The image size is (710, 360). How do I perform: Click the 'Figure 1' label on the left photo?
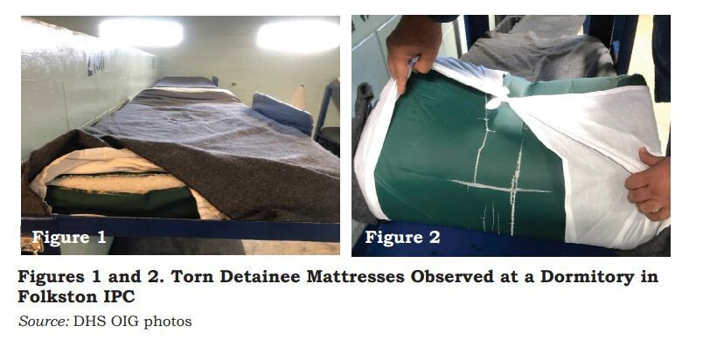tap(69, 237)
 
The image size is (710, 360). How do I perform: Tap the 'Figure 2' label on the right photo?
tap(402, 237)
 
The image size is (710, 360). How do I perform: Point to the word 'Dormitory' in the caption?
tap(587, 277)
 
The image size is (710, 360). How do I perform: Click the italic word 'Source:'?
tap(44, 322)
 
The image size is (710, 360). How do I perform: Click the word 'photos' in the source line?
tap(168, 322)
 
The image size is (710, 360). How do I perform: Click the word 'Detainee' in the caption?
tap(259, 277)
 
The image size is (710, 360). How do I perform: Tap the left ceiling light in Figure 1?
tap(142, 33)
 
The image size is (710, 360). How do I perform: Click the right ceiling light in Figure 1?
tap(298, 35)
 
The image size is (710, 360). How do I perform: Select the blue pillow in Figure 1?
tap(282, 112)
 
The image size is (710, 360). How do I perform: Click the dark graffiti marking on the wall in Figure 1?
tap(96, 63)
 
